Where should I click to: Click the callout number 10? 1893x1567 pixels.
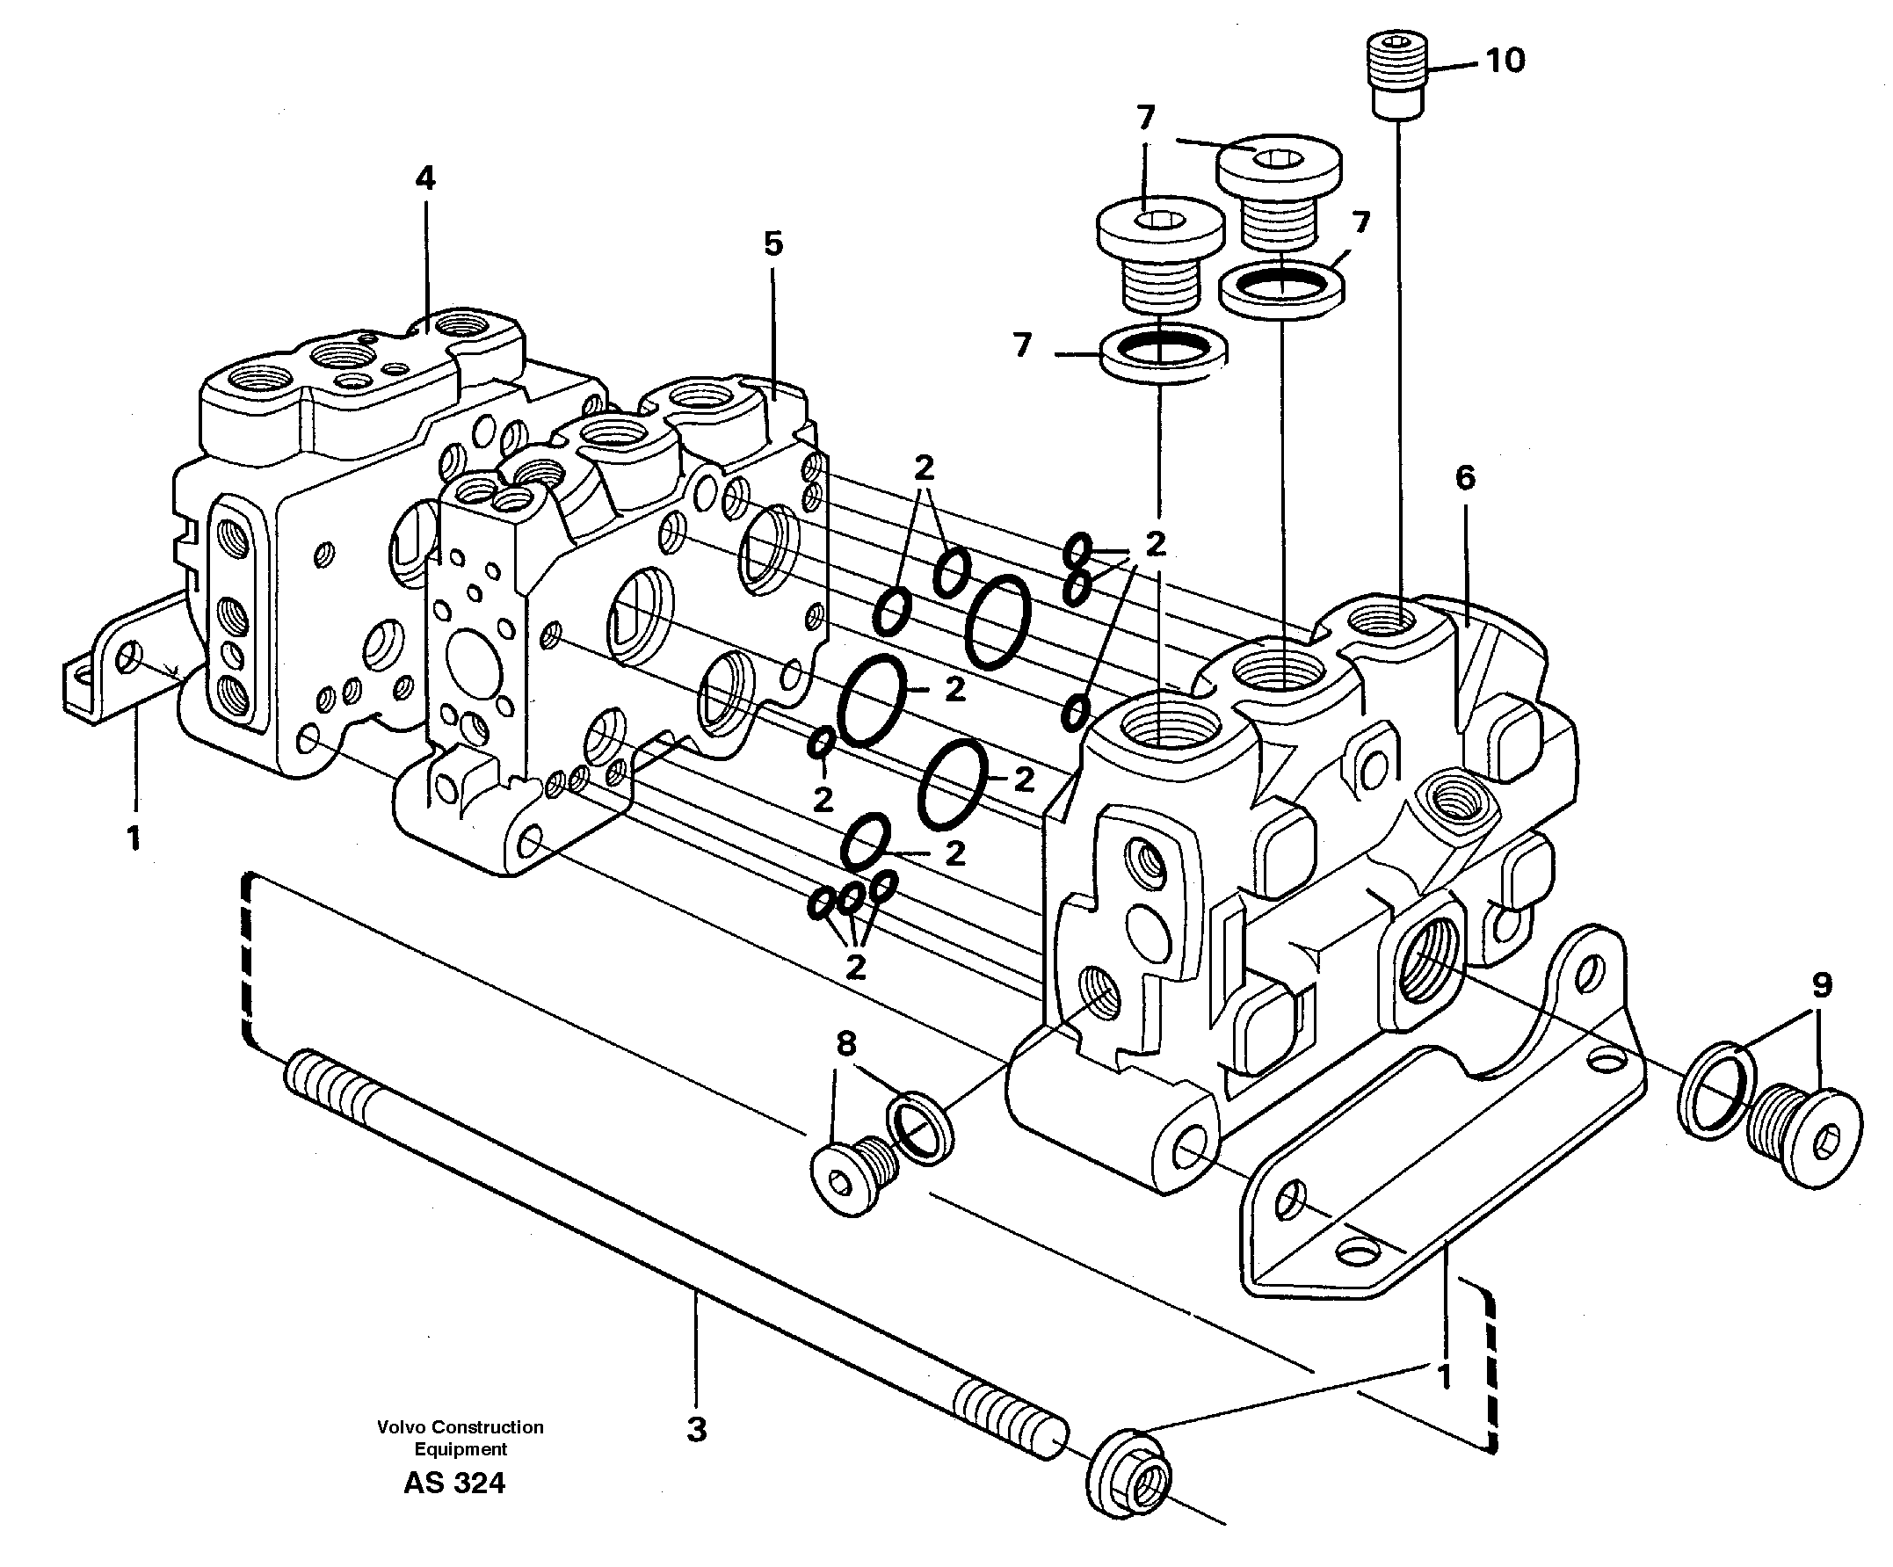click(x=1505, y=61)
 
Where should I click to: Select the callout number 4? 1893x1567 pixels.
click(x=425, y=178)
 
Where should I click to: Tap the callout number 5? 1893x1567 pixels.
click(x=773, y=243)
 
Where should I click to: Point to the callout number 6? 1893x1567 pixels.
click(x=1465, y=478)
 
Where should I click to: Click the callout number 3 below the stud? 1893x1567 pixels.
click(x=696, y=1430)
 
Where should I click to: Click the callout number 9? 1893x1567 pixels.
click(x=1822, y=985)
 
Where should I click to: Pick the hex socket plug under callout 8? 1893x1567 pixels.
click(x=852, y=1178)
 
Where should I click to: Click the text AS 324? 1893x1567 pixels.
click(x=454, y=1484)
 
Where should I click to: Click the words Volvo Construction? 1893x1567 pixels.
click(x=460, y=1427)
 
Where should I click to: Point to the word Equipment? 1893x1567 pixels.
click(x=460, y=1449)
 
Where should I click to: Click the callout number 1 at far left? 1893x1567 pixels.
click(x=134, y=838)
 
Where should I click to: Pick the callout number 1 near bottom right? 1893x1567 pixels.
click(x=1444, y=1378)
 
